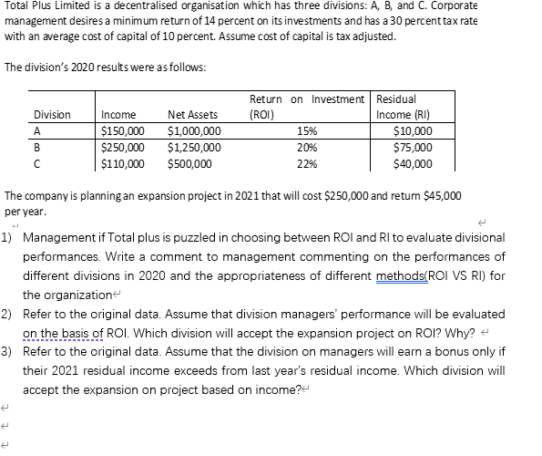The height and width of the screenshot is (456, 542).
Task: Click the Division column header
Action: pyautogui.click(x=52, y=115)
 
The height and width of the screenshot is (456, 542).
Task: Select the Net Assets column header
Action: pyautogui.click(x=192, y=115)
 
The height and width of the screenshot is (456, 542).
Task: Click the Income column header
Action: pyautogui.click(x=118, y=115)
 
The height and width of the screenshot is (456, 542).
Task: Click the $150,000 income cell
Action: pyautogui.click(x=122, y=131)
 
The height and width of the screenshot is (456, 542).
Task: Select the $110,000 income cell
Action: pyautogui.click(x=122, y=164)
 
